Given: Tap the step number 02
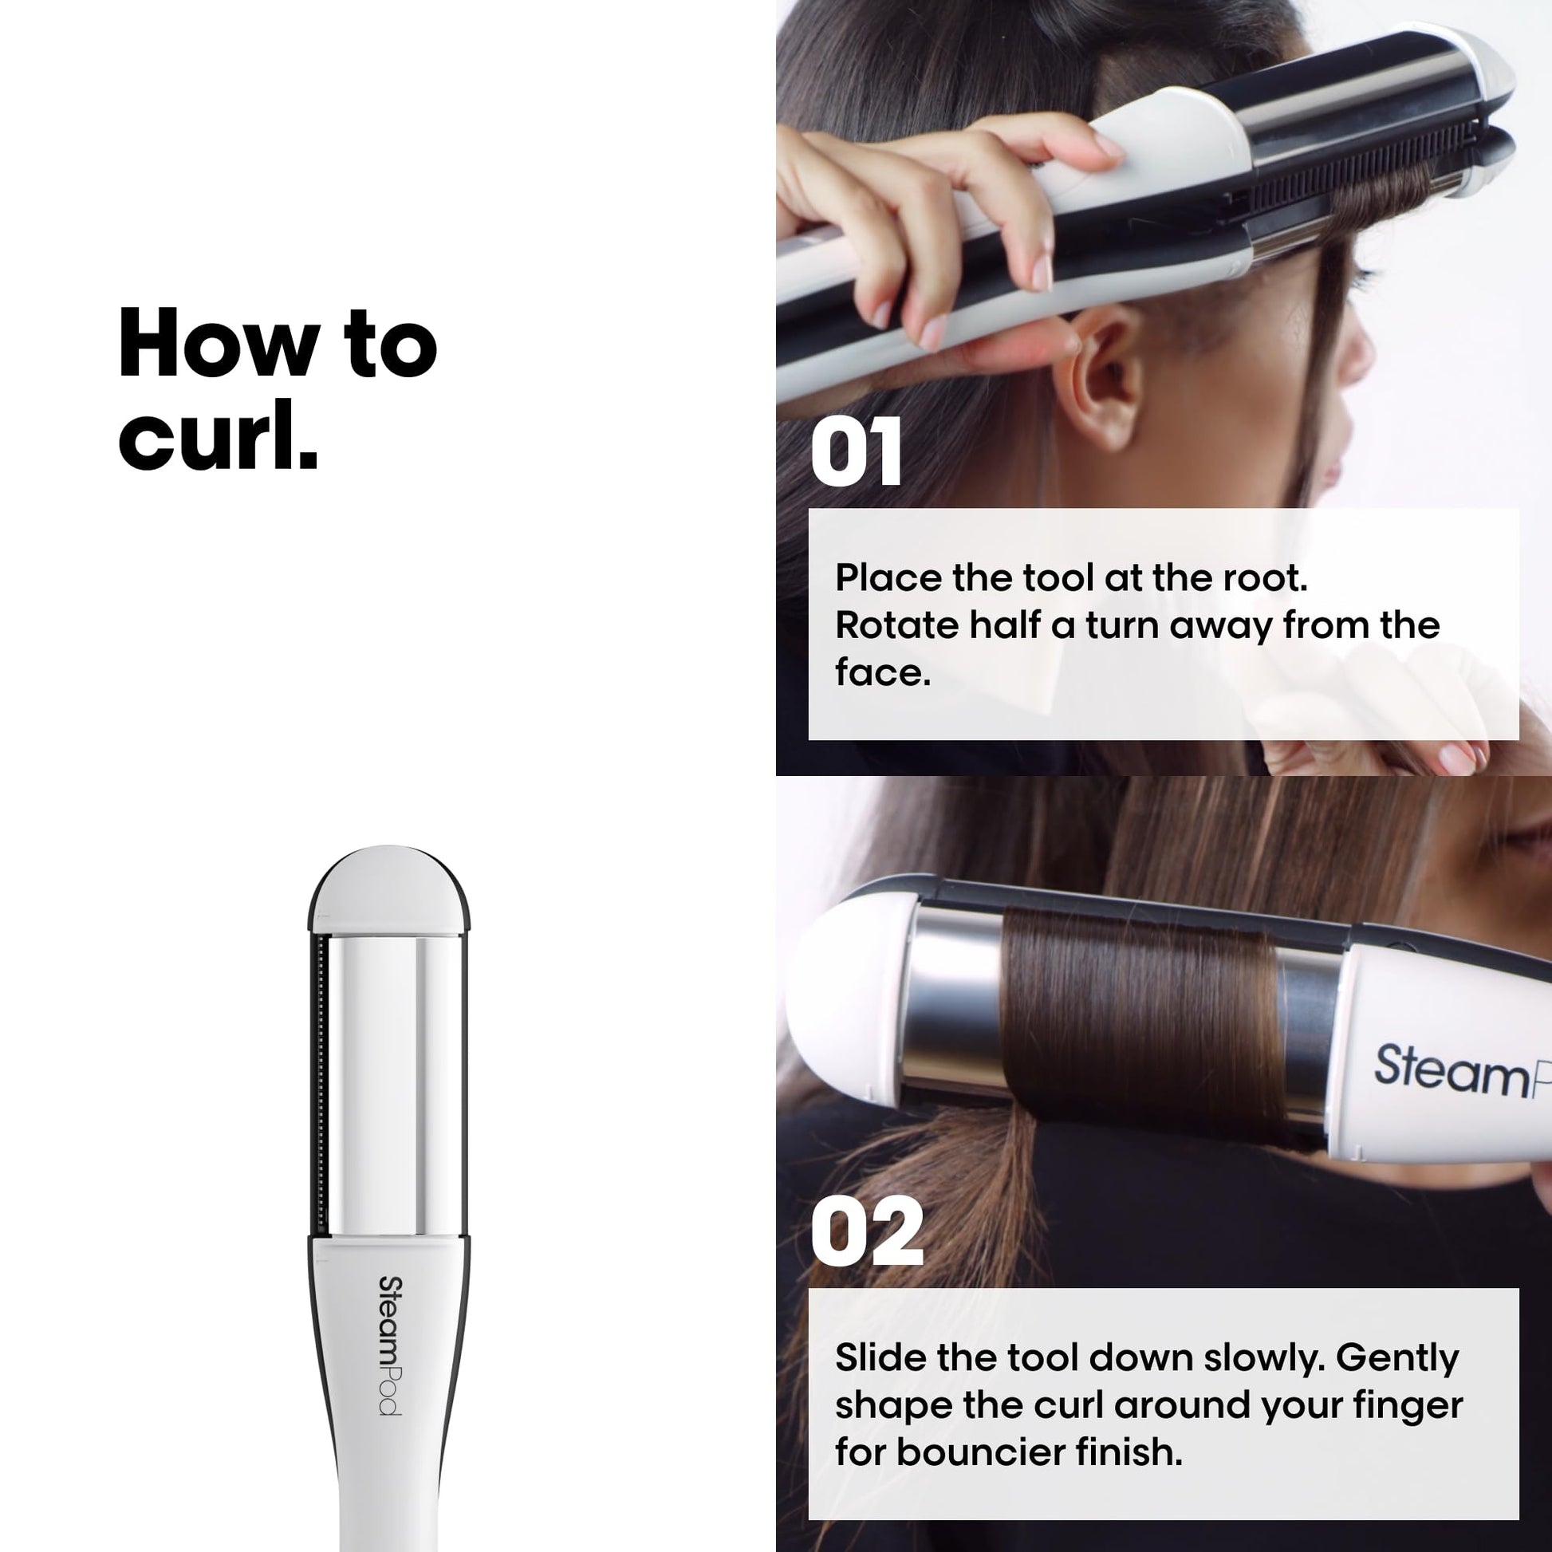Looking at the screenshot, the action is (x=867, y=1231).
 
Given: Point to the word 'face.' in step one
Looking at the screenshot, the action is (x=883, y=672).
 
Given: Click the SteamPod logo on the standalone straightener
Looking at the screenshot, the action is (x=389, y=1345).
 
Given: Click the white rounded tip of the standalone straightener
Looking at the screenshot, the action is (x=388, y=891).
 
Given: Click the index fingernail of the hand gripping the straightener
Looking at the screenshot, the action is (x=1108, y=145).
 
